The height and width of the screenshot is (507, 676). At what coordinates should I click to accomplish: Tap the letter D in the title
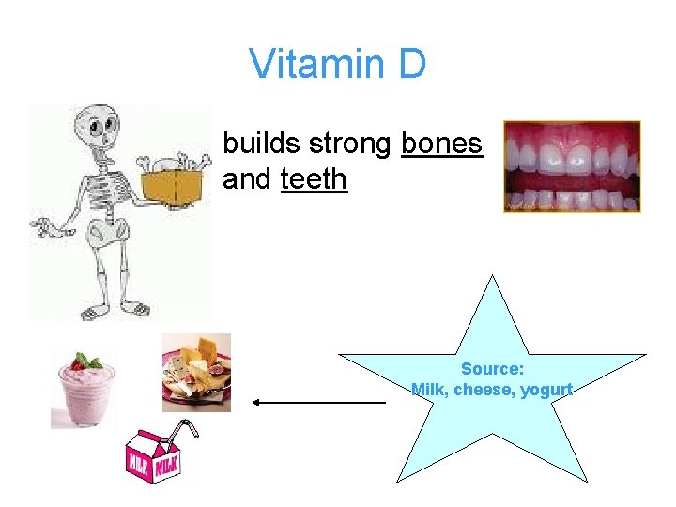pos(411,65)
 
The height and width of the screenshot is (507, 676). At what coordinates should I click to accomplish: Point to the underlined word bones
pos(441,144)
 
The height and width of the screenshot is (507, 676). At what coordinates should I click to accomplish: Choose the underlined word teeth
pos(314,178)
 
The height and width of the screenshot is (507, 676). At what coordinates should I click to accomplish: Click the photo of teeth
pos(572,166)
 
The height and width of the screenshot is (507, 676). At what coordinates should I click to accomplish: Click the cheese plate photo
pos(196,373)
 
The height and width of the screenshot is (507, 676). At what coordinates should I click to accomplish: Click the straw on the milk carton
pos(188,432)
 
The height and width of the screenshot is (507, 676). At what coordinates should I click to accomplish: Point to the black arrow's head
pos(254,402)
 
